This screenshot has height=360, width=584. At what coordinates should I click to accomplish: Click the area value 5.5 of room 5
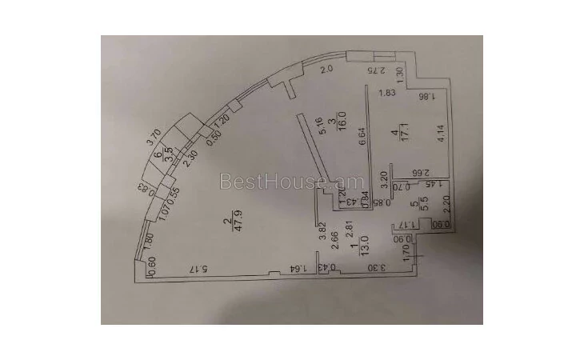click(x=425, y=205)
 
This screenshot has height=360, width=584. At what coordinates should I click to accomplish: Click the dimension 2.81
click(x=349, y=232)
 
